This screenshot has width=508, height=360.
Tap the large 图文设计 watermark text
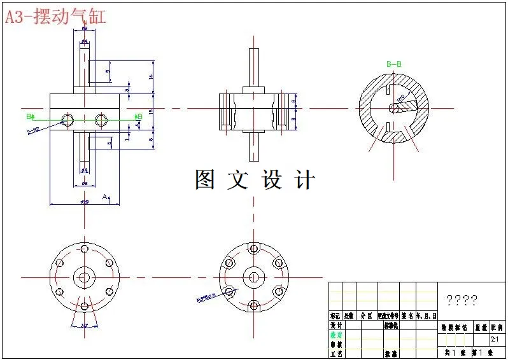tap(255, 180)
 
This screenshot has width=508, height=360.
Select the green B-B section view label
tap(394, 64)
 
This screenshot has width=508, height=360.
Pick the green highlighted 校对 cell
tap(335, 335)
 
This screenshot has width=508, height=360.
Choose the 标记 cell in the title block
tap(335, 315)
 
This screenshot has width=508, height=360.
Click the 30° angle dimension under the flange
tap(85, 326)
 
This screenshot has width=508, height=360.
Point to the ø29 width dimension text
tap(84, 202)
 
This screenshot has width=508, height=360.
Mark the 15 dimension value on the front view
tap(151, 111)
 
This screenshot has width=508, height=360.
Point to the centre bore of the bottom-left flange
tap(83, 277)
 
